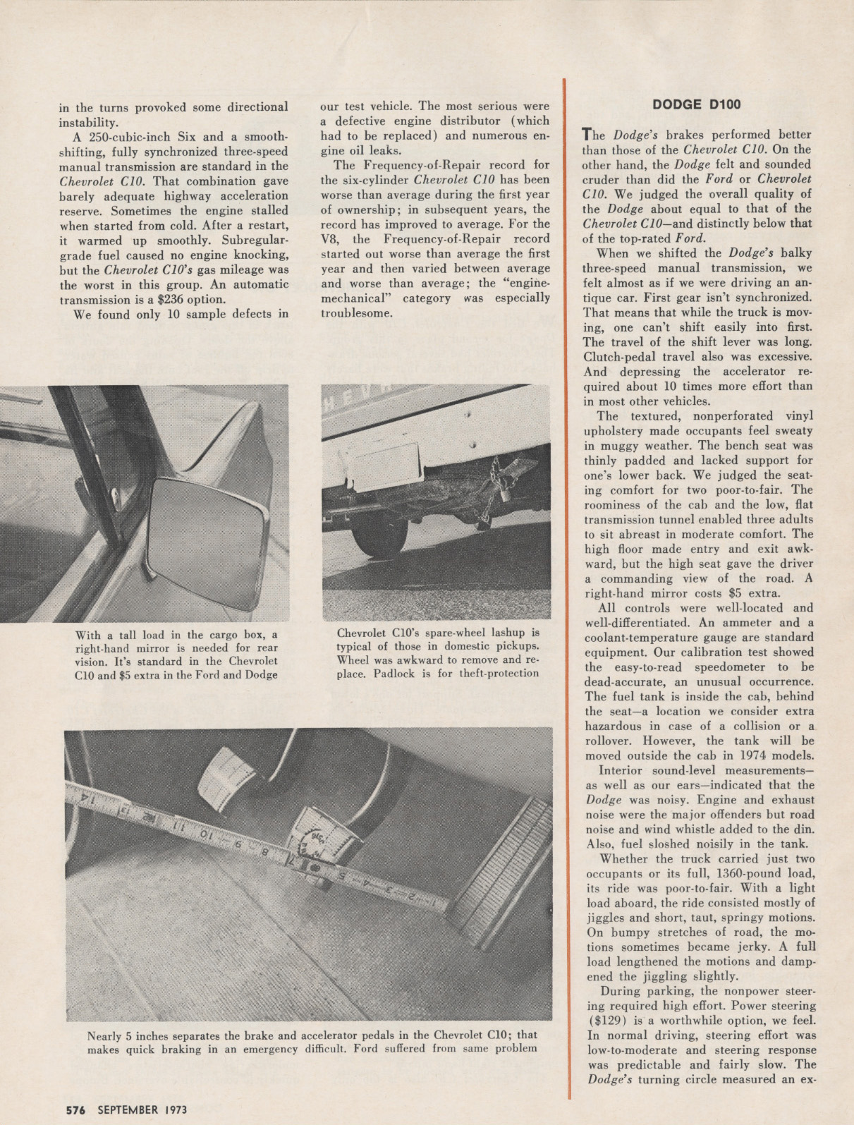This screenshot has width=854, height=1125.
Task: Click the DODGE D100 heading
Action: pyautogui.click(x=697, y=105)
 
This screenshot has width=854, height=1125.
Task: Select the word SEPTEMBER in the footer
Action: pyautogui.click(x=128, y=1109)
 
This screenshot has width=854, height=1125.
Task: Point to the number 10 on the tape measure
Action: pyautogui.click(x=205, y=835)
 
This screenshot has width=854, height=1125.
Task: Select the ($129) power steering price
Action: pyautogui.click(x=605, y=1021)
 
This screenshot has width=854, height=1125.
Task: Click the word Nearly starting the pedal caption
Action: pyautogui.click(x=104, y=1035)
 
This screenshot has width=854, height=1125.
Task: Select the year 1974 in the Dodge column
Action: pyautogui.click(x=736, y=755)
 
